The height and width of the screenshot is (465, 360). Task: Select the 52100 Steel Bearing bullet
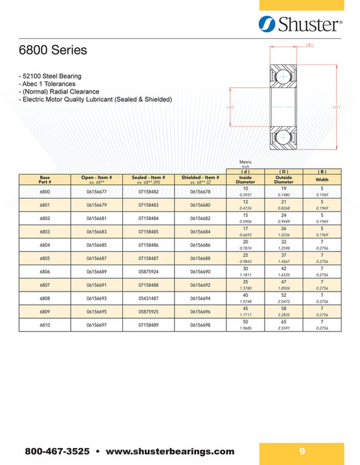pyautogui.click(x=51, y=75)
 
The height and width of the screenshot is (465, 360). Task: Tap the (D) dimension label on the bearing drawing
pyautogui.click(x=336, y=107)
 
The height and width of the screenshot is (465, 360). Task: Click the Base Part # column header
pyautogui.click(x=45, y=180)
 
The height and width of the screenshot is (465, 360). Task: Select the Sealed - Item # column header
pyautogui.click(x=148, y=180)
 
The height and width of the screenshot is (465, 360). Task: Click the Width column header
pyautogui.click(x=322, y=180)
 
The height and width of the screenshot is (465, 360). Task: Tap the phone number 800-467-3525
pyautogui.click(x=57, y=451)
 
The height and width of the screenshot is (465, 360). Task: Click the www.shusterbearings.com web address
pyautogui.click(x=170, y=451)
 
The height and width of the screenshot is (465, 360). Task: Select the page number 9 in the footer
pyautogui.click(x=301, y=451)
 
